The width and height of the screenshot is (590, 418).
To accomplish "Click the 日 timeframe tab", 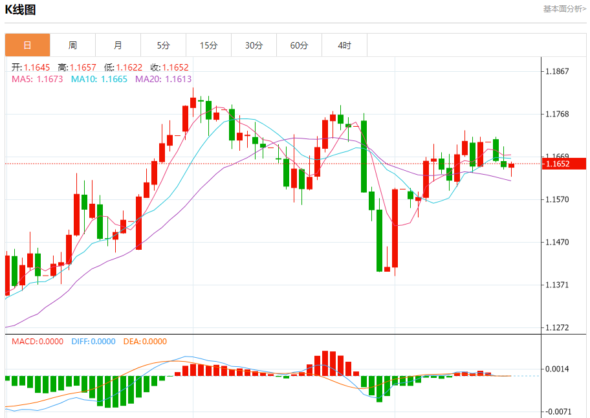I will point(27,45).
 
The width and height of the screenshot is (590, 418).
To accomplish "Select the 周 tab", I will point(72,45).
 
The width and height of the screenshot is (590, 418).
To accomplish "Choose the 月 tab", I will point(118,45).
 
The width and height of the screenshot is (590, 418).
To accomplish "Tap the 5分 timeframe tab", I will point(163,45).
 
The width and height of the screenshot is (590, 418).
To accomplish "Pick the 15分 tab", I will point(208,45).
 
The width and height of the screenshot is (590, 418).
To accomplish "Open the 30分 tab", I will point(254,45).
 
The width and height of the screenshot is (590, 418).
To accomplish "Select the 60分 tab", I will point(299,45).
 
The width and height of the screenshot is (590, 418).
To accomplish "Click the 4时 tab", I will point(344,45).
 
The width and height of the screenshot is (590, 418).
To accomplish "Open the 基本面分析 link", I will point(564,9).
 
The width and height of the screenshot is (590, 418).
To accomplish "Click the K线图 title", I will point(21,10).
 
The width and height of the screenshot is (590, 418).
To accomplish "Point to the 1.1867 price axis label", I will point(557,71).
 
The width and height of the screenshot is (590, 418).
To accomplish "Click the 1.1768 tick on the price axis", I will point(557,114).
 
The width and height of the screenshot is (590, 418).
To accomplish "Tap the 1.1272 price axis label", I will point(557,327).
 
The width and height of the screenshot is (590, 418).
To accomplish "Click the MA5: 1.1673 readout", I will point(38,79).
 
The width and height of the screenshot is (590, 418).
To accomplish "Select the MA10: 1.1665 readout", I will point(99,79).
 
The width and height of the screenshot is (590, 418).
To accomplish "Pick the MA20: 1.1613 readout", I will point(163,79).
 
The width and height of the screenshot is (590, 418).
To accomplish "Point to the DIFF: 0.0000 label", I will point(93,342).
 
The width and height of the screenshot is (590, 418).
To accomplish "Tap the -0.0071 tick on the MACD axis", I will point(557,412).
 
